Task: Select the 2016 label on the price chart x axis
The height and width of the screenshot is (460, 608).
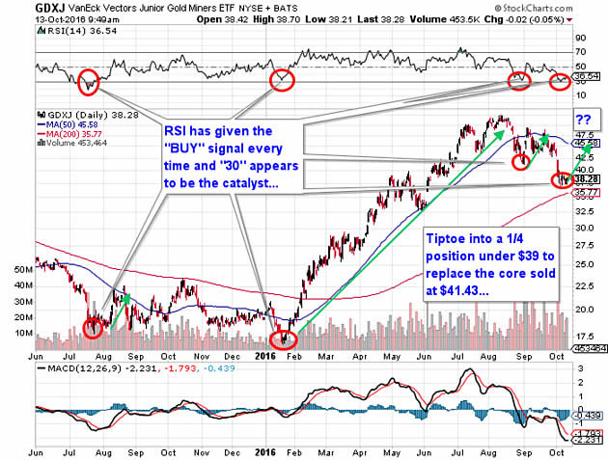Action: click(266, 355)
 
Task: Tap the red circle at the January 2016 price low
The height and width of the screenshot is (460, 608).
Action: click(282, 338)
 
